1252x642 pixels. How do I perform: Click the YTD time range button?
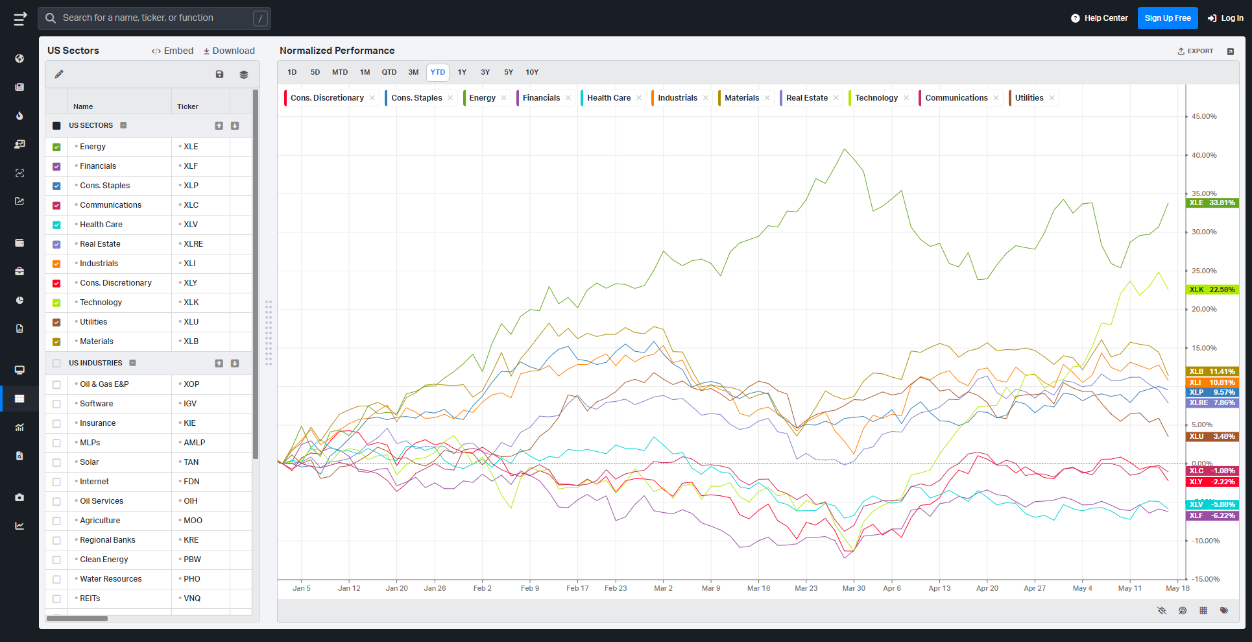[x=438, y=72]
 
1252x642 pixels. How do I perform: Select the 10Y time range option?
[x=532, y=72]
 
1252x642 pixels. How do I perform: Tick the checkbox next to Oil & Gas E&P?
[x=56, y=384]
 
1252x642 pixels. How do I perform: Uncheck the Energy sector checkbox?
[x=56, y=147]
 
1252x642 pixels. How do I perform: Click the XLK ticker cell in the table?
[x=191, y=302]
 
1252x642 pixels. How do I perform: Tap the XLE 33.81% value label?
[x=1212, y=203]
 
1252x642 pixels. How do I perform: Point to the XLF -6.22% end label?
[x=1212, y=515]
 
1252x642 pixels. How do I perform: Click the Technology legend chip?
[x=876, y=98]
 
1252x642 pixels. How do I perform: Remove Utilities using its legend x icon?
[x=1052, y=98]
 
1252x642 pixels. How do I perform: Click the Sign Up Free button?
[x=1168, y=18]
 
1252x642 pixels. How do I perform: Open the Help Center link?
[x=1100, y=18]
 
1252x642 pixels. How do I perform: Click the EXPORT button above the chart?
[x=1196, y=51]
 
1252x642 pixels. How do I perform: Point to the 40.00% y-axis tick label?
[x=1204, y=155]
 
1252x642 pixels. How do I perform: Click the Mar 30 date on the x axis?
[x=854, y=588]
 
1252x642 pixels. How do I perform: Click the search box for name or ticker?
[x=154, y=18]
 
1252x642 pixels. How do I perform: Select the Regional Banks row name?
[x=108, y=540]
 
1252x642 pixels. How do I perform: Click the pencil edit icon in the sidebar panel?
[x=59, y=74]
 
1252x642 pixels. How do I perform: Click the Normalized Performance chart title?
[x=337, y=51]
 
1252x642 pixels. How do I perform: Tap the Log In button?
[x=1225, y=18]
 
